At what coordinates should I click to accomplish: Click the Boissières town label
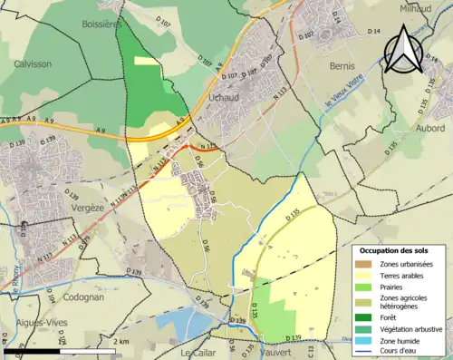tap(101, 24)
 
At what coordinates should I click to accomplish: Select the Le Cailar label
tap(199, 352)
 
